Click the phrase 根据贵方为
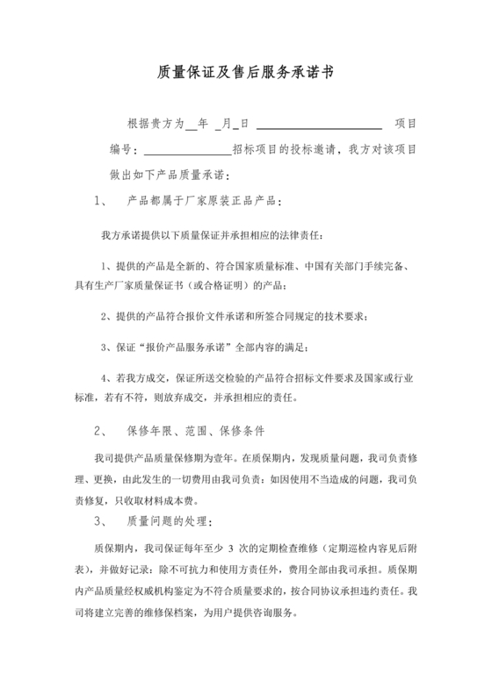click(156, 125)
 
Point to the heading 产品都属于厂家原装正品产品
click(204, 201)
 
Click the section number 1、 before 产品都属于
click(99, 201)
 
